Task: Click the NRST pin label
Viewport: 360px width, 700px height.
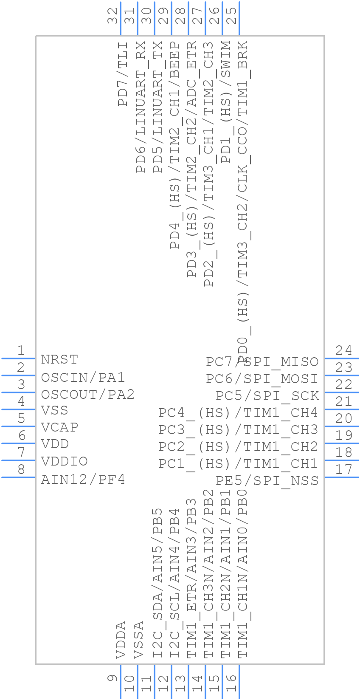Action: pos(59,359)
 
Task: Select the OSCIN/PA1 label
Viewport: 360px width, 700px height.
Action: pos(83,377)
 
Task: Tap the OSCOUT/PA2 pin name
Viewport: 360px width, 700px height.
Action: pos(87,395)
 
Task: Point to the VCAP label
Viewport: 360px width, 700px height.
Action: pos(59,427)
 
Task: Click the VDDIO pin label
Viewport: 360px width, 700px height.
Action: pos(64,461)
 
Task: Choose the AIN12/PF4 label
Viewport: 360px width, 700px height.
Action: pos(83,480)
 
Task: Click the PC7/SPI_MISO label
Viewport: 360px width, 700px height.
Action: pos(262,361)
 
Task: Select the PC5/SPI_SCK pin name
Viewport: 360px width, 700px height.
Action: pos(267,395)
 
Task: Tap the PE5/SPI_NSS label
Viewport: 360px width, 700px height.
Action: pos(267,480)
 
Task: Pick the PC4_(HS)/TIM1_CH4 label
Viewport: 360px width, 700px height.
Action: pos(238,412)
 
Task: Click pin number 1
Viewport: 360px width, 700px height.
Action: pos(20,351)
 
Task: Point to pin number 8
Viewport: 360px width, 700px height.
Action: pos(20,470)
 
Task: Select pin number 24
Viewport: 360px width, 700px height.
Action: pos(343,351)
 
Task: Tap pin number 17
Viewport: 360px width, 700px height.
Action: pos(343,470)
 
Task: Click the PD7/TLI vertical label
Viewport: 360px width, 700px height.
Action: pos(123,74)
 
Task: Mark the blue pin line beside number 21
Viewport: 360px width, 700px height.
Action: pos(342,409)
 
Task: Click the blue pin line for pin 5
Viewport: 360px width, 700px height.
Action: pos(18,426)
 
